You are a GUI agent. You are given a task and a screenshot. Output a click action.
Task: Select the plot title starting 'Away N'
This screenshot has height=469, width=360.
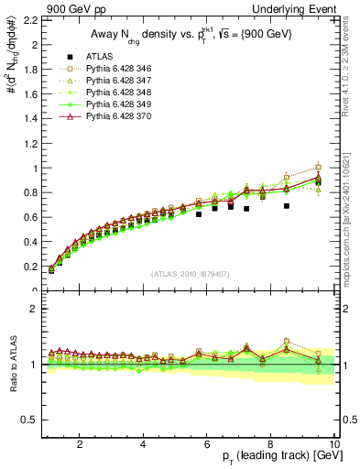pyautogui.click(x=187, y=35)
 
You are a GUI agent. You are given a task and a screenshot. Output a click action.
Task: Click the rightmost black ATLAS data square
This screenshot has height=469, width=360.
pyautogui.click(x=318, y=182)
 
